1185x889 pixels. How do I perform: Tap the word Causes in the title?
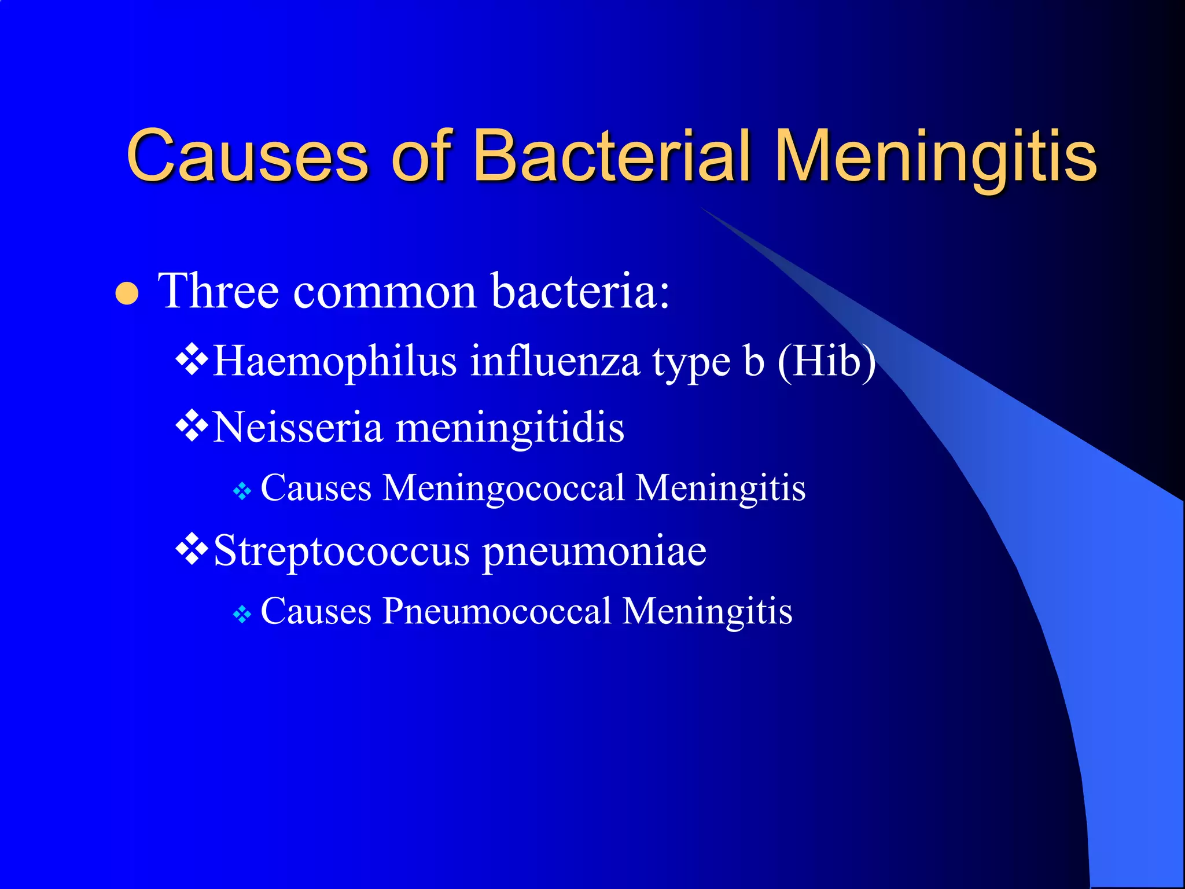point(247,155)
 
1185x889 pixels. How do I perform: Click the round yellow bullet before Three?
point(127,293)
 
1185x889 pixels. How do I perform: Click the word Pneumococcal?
point(496,612)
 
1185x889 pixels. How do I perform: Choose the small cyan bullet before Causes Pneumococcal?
point(242,615)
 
